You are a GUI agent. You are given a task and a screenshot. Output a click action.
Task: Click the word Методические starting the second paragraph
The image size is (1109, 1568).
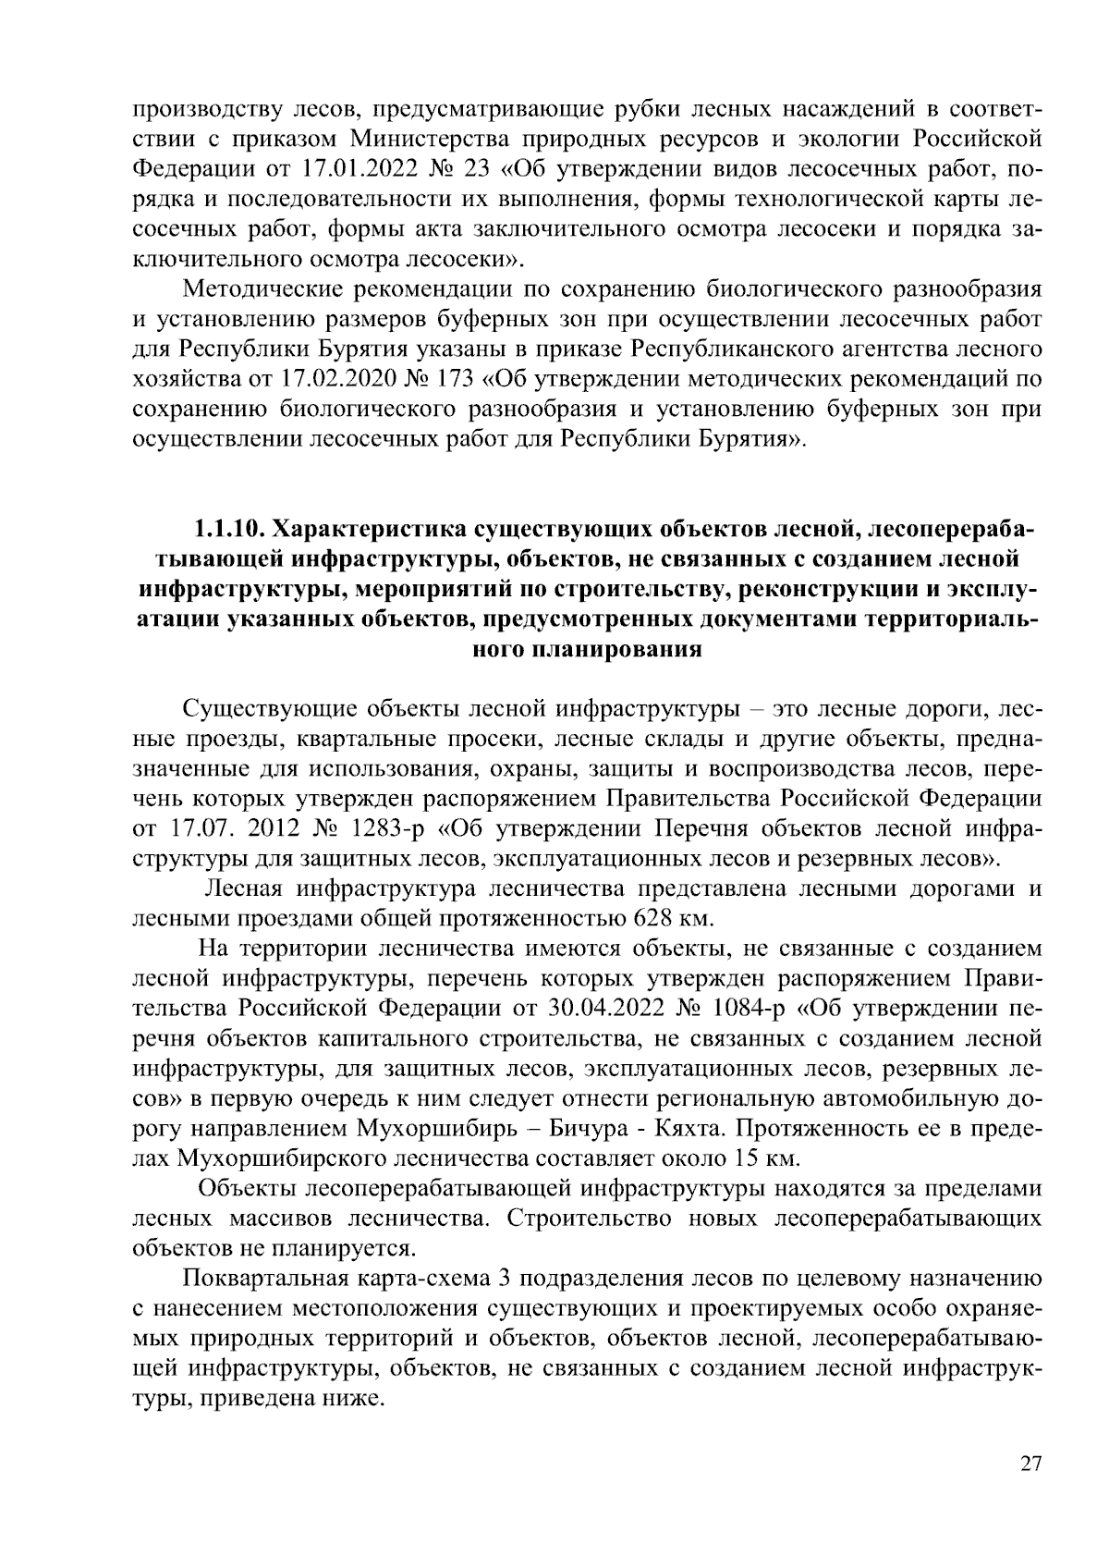pos(262,288)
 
